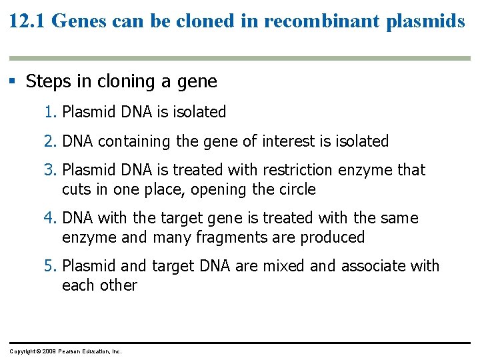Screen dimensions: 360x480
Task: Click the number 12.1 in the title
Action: click(x=27, y=21)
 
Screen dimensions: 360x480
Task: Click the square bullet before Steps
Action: click(x=12, y=81)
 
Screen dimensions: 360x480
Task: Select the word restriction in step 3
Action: click(x=297, y=170)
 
